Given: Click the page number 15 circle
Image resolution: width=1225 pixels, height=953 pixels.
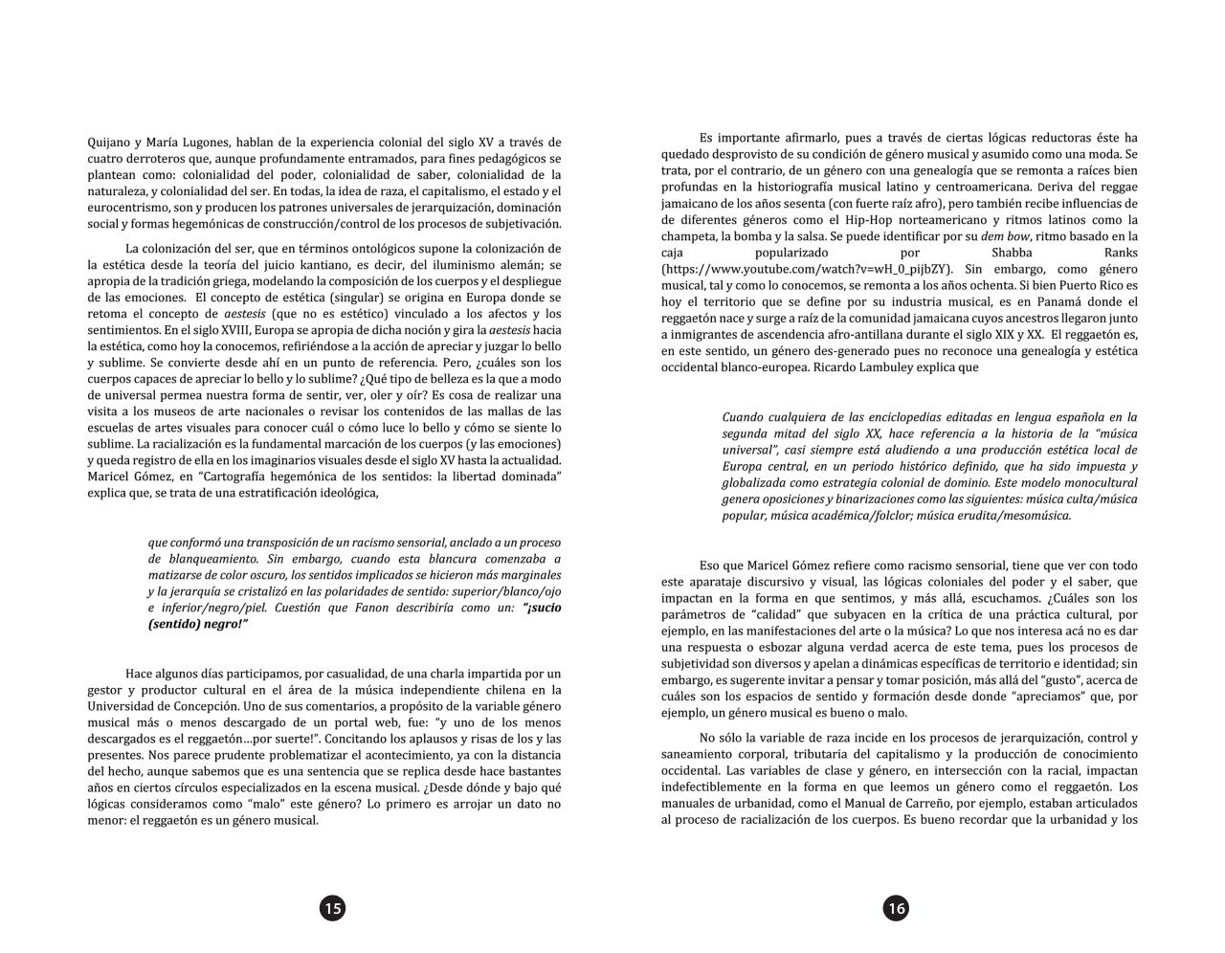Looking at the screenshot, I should [x=332, y=908].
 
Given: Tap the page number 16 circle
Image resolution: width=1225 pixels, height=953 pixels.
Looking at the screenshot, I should [x=895, y=908].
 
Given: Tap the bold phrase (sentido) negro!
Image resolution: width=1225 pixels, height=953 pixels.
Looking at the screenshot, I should [x=191, y=624].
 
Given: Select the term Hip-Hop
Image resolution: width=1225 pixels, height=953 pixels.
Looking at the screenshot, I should [x=895, y=220].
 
